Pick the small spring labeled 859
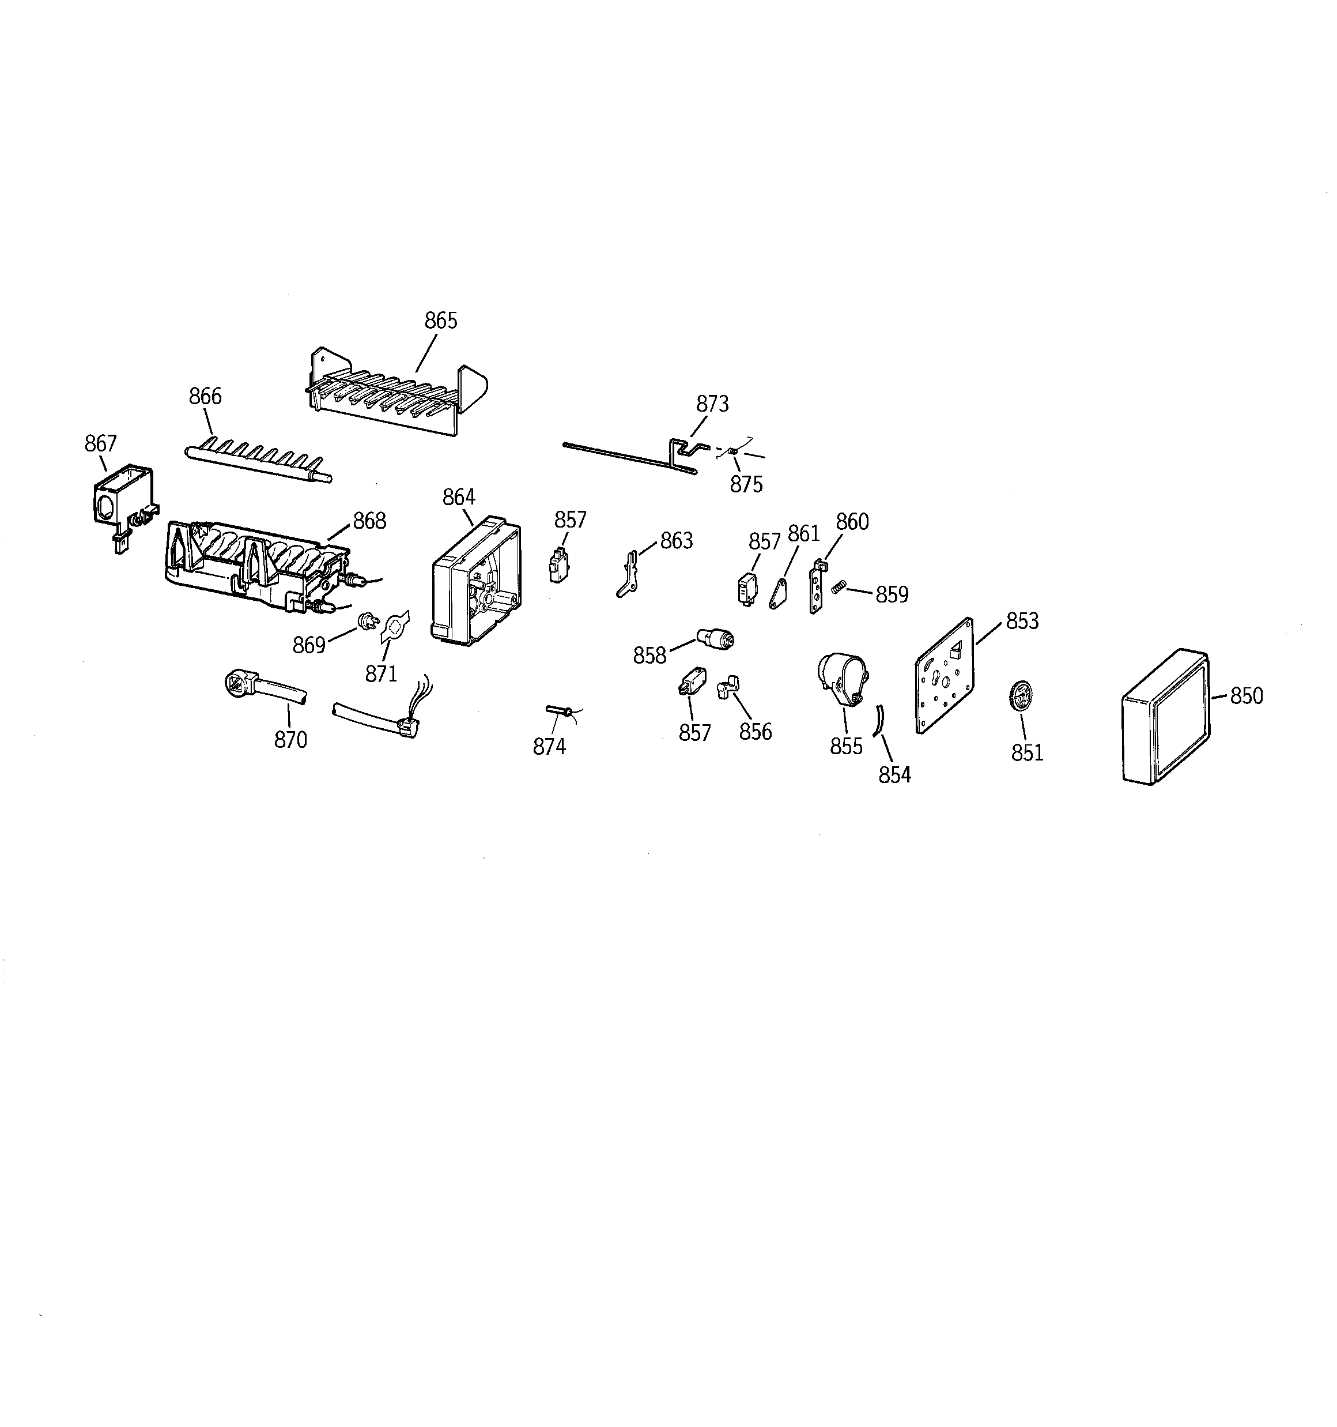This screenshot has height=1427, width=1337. pos(837,588)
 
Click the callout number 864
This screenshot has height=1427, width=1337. pos(459,497)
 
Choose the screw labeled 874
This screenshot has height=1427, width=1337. pos(560,711)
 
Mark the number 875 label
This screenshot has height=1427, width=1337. pos(746,484)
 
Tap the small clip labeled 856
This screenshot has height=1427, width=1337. pos(728,686)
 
